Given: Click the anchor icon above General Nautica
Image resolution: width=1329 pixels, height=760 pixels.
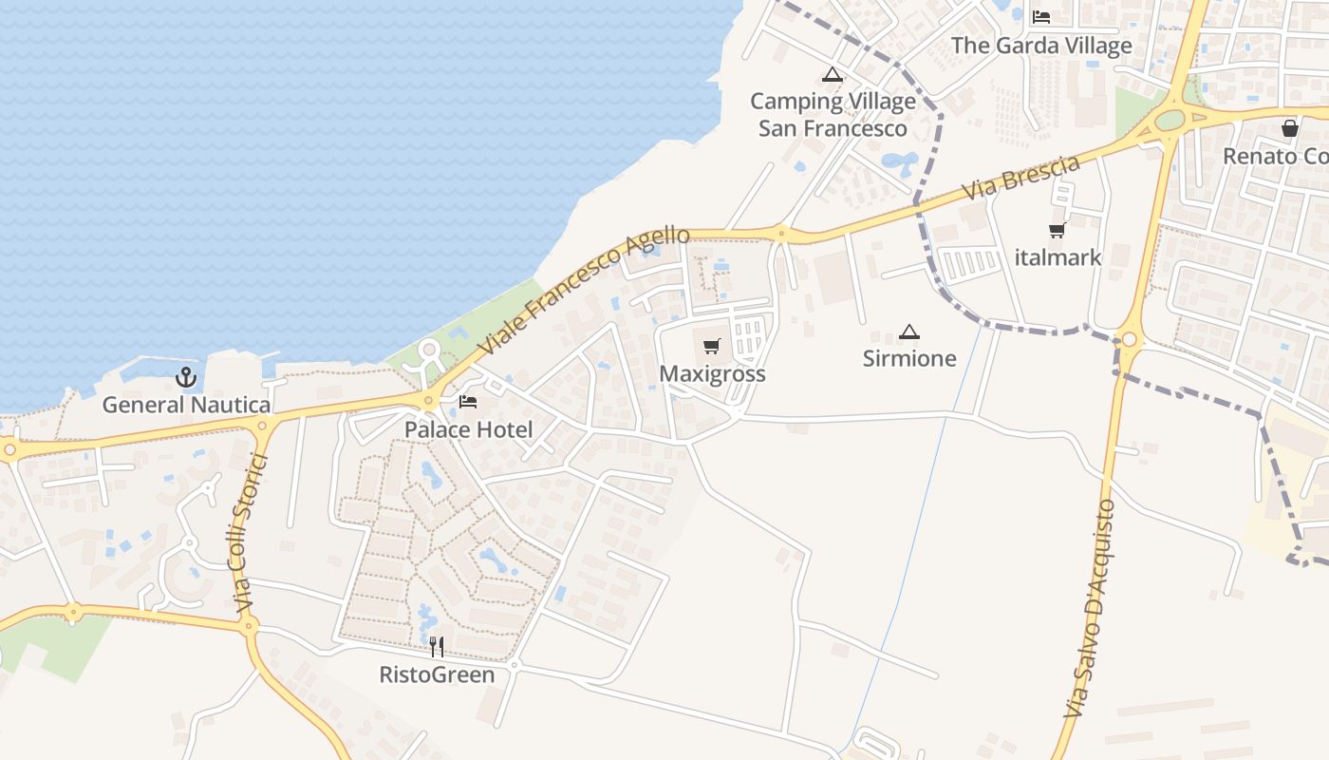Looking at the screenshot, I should [186, 377].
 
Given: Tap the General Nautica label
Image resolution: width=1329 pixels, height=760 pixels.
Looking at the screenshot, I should [186, 405].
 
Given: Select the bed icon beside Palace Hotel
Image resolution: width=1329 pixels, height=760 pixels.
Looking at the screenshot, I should [468, 402].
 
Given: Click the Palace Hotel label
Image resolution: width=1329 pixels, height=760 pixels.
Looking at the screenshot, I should [469, 429].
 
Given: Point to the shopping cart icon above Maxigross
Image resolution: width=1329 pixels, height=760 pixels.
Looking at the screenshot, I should [712, 347].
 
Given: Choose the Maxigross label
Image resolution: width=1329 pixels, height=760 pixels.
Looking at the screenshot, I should [712, 373].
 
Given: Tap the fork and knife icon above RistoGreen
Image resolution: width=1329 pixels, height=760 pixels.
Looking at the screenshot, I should [437, 647].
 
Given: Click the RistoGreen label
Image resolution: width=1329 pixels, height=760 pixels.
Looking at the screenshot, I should [437, 674].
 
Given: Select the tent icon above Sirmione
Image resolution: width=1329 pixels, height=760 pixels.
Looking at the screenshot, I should [909, 332].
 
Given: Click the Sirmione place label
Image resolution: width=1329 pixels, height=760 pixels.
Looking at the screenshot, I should [909, 358].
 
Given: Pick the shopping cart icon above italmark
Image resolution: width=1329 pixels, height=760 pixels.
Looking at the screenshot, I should [1058, 230].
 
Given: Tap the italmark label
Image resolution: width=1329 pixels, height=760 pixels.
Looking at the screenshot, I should [1058, 256].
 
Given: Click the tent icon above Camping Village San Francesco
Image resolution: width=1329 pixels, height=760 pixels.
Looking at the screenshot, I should [833, 75].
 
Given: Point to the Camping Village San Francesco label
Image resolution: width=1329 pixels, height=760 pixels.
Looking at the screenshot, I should [833, 114].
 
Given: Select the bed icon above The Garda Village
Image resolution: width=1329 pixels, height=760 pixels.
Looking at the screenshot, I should [1041, 17].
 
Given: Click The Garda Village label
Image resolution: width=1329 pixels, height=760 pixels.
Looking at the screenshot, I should [1041, 45].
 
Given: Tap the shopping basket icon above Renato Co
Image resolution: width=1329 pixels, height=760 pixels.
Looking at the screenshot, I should [1290, 128].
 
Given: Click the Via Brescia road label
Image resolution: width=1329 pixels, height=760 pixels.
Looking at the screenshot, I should [1020, 178].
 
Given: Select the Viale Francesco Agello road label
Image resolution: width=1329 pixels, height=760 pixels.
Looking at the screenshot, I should [583, 291].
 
